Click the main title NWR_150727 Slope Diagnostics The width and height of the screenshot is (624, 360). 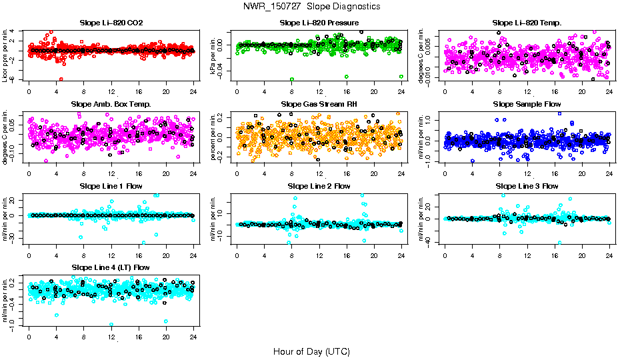click(x=312, y=6)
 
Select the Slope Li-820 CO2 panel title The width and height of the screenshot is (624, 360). click(x=111, y=23)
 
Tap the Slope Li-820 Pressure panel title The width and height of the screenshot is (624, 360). click(x=319, y=23)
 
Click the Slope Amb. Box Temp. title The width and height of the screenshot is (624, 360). click(x=111, y=104)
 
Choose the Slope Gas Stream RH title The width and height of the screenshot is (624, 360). click(x=319, y=104)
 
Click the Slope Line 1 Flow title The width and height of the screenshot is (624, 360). click(x=111, y=185)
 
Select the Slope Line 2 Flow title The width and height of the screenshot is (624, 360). click(x=319, y=185)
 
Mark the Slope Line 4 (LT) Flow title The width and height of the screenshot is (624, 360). click(x=111, y=267)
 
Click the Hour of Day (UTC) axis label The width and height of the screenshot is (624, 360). click(x=311, y=351)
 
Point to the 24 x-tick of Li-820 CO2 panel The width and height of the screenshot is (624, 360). click(x=193, y=91)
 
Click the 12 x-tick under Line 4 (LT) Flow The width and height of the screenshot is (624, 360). click(x=111, y=337)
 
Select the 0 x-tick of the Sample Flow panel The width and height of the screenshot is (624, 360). click(x=445, y=173)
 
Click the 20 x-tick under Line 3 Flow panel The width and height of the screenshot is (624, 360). click(x=582, y=255)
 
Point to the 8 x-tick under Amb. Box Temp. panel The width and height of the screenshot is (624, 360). click(x=83, y=173)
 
